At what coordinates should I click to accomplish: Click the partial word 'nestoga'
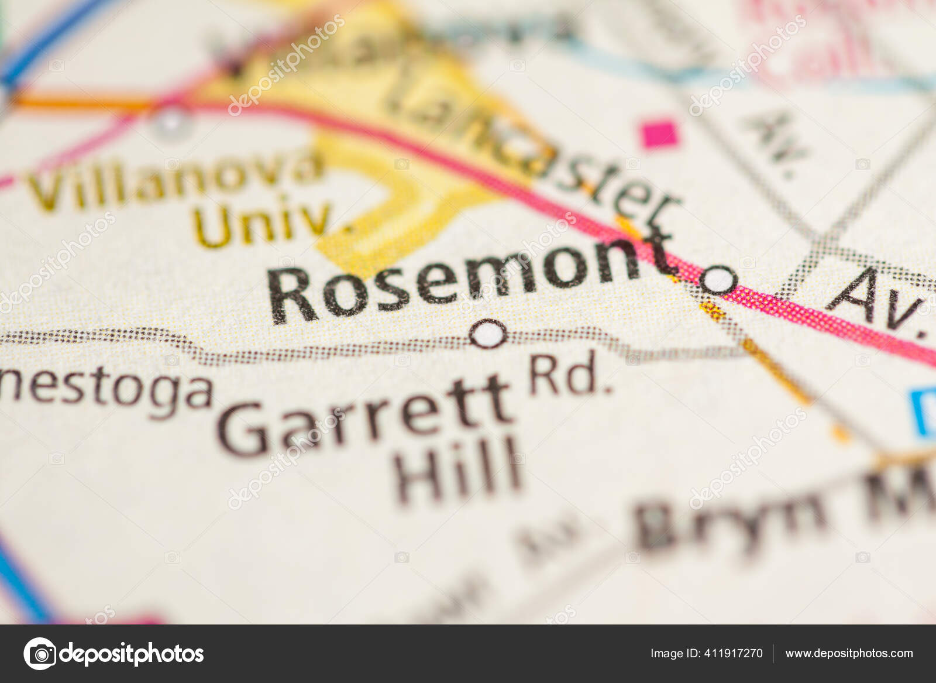click(x=105, y=391)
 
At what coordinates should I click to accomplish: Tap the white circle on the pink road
click(x=718, y=280)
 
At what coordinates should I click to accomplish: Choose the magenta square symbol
click(x=659, y=133)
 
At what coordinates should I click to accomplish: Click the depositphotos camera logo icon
click(x=39, y=653)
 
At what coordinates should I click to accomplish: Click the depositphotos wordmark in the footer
click(x=132, y=653)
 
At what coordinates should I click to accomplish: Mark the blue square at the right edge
click(x=925, y=413)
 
